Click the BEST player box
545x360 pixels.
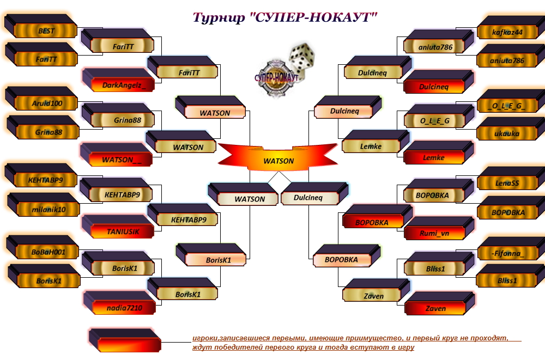tap(46, 31)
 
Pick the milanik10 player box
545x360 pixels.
tap(49, 209)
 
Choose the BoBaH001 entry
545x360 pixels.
tap(48, 252)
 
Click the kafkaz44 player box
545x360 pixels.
tap(507, 32)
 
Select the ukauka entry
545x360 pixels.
tap(507, 133)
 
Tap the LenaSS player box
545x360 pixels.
tap(507, 184)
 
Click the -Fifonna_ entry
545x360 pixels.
tap(507, 253)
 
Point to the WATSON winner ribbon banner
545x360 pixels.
tap(278, 161)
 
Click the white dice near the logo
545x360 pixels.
tap(301, 59)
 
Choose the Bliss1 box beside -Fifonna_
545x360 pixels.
tap(507, 280)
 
